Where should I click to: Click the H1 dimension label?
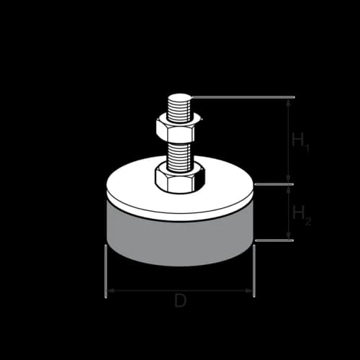300,141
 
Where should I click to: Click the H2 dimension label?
300,214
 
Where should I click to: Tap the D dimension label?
180,302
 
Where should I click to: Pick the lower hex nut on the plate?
179,177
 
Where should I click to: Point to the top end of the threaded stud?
180,98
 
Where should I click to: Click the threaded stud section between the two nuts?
180,153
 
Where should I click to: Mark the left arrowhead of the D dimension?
110,291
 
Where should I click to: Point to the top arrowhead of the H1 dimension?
289,102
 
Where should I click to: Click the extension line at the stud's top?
245,97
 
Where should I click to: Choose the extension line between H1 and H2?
274,184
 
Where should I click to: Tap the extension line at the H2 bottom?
274,240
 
